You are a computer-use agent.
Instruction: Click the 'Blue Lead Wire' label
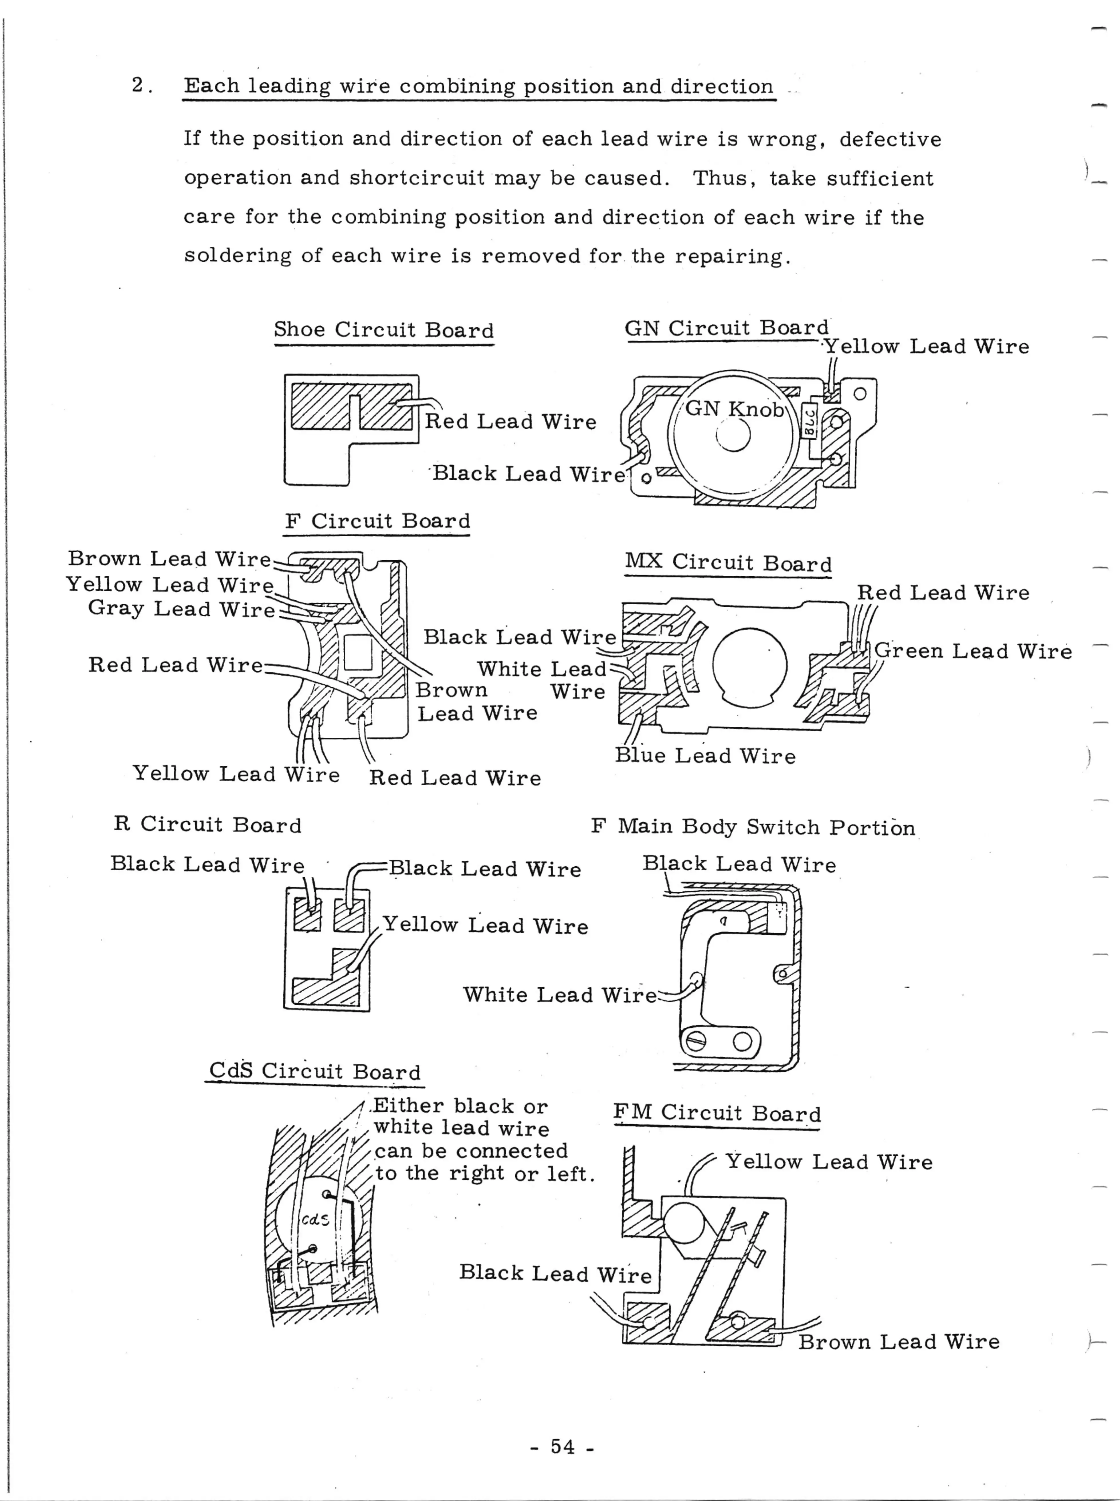pos(705,756)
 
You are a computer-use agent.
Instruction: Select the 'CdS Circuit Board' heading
pos(314,1071)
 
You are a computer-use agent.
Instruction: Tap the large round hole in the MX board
pos(750,666)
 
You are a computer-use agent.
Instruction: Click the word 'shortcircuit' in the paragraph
pos(416,178)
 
